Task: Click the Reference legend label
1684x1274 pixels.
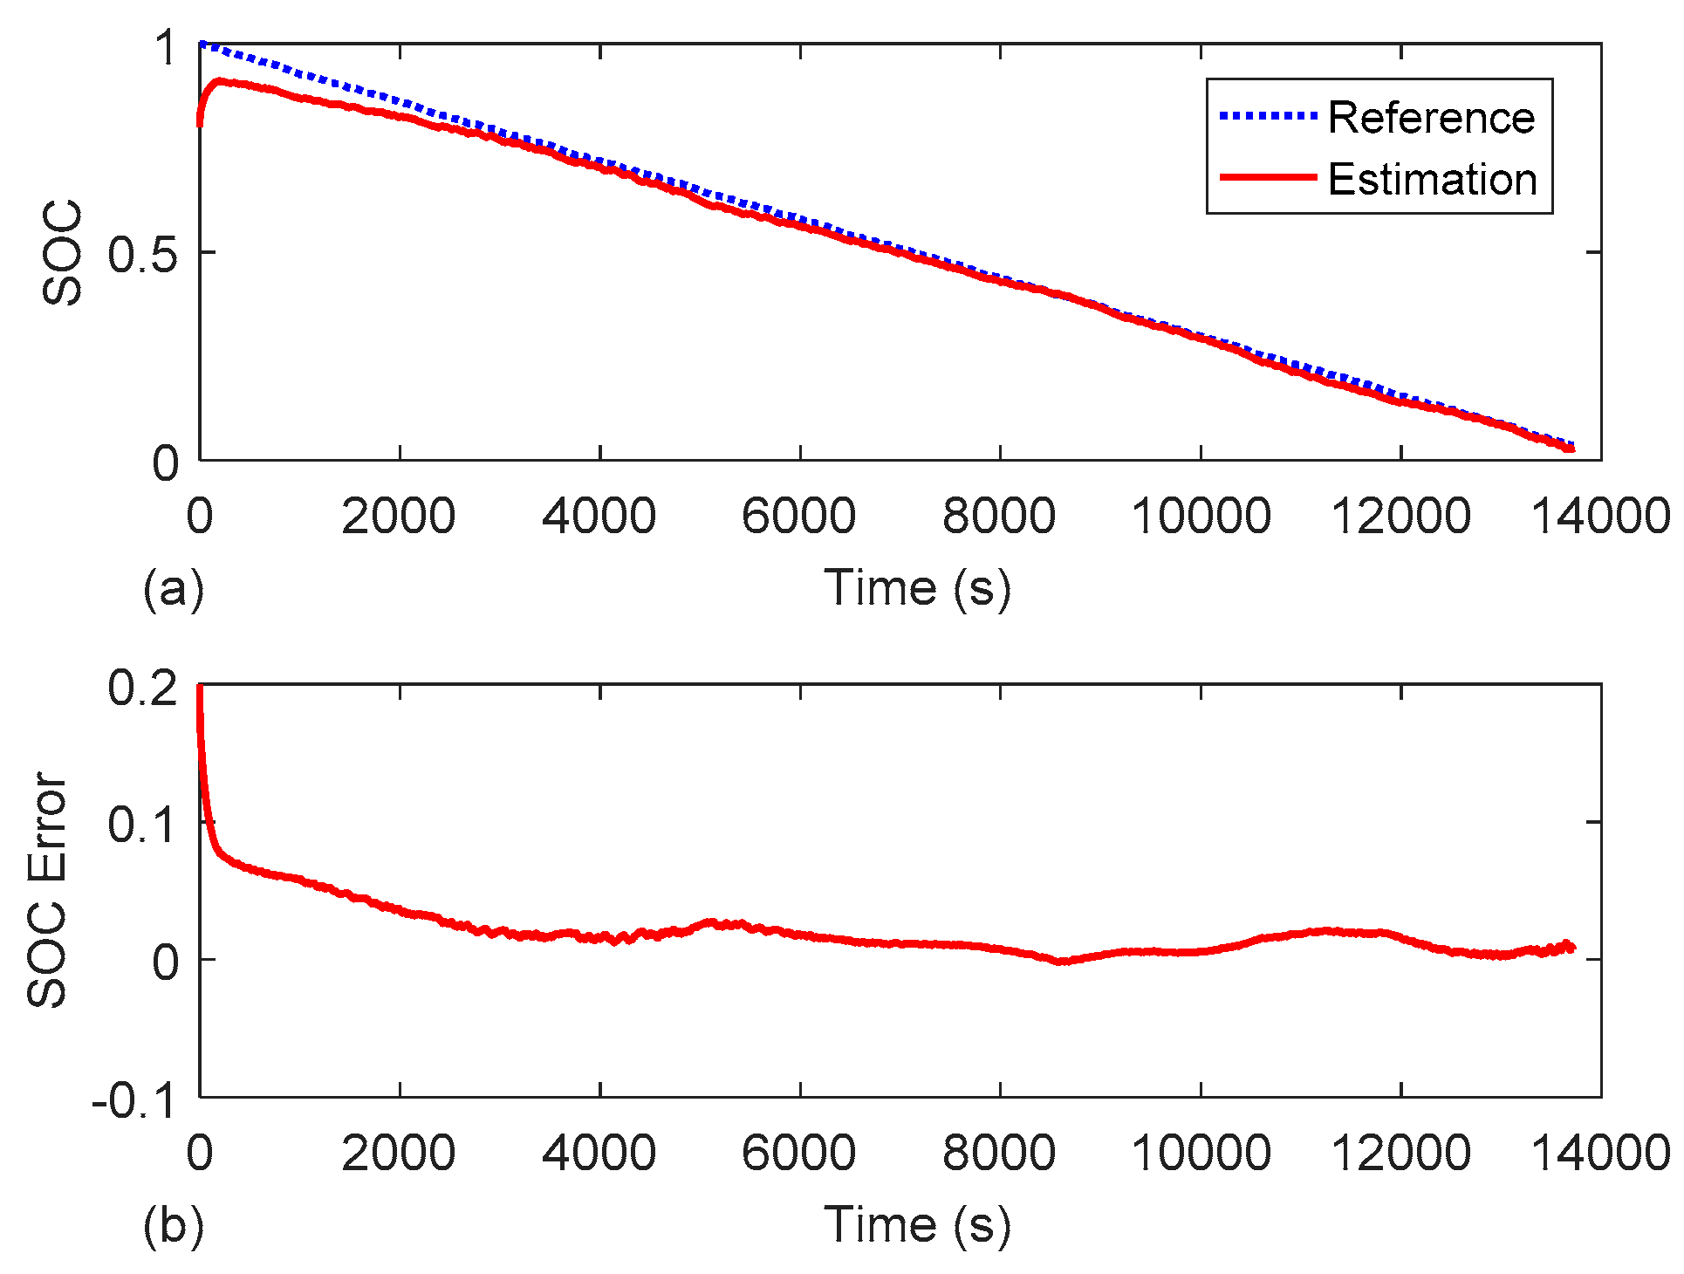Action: [x=1431, y=118]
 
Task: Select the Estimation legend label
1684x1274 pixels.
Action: [x=1432, y=180]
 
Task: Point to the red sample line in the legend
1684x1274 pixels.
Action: [x=1267, y=177]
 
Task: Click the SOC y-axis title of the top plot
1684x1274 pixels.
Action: [x=63, y=253]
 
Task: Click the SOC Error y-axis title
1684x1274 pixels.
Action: [x=47, y=890]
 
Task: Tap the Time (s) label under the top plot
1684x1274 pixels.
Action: [x=917, y=587]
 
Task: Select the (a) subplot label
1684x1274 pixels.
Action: [x=174, y=588]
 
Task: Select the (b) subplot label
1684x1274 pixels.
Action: [x=174, y=1225]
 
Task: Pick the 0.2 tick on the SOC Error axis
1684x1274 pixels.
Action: [x=143, y=688]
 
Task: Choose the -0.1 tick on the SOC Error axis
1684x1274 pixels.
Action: [x=134, y=1101]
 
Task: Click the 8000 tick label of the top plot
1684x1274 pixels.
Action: [x=999, y=516]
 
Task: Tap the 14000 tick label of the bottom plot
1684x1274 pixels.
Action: [x=1601, y=1153]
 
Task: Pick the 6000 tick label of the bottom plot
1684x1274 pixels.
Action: [x=798, y=1153]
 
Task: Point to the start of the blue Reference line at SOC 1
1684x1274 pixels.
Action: [x=202, y=44]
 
